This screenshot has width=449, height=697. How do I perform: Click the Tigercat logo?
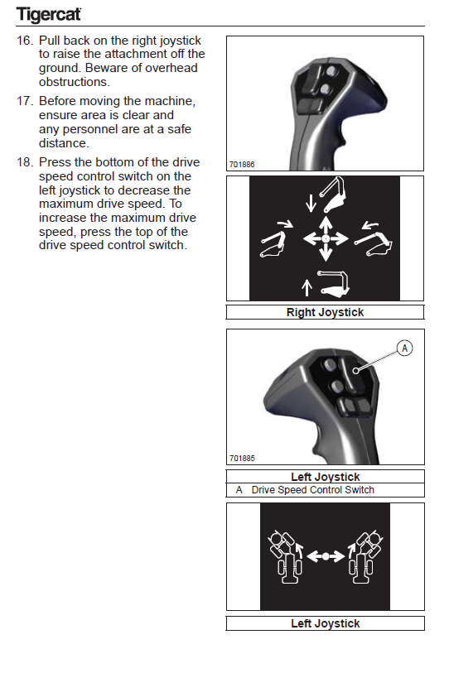pos(49,14)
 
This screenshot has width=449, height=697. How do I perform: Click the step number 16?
pos(25,41)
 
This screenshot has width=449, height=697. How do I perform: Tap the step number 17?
pos(25,101)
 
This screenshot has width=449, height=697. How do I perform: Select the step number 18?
pos(25,162)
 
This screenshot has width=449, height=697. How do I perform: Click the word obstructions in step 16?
pos(73,82)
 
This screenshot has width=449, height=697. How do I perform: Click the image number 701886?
pos(242,165)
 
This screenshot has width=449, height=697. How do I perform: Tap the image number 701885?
pos(242,459)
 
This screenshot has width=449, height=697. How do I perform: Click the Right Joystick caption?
pos(325,313)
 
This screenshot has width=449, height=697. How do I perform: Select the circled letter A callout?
pos(404,348)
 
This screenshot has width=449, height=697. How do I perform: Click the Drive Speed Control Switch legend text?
pos(313,490)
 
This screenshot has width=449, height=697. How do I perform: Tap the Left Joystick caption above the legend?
pos(326,477)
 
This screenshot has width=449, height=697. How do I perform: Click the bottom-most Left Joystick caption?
pos(326,623)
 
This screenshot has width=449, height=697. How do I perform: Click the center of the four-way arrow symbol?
pos(326,238)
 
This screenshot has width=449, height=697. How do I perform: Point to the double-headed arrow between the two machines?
pos(326,556)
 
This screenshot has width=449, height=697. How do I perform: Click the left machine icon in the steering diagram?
pos(285,556)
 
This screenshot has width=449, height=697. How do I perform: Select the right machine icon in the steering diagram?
pos(365,556)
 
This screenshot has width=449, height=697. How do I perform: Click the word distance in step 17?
pos(64,143)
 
